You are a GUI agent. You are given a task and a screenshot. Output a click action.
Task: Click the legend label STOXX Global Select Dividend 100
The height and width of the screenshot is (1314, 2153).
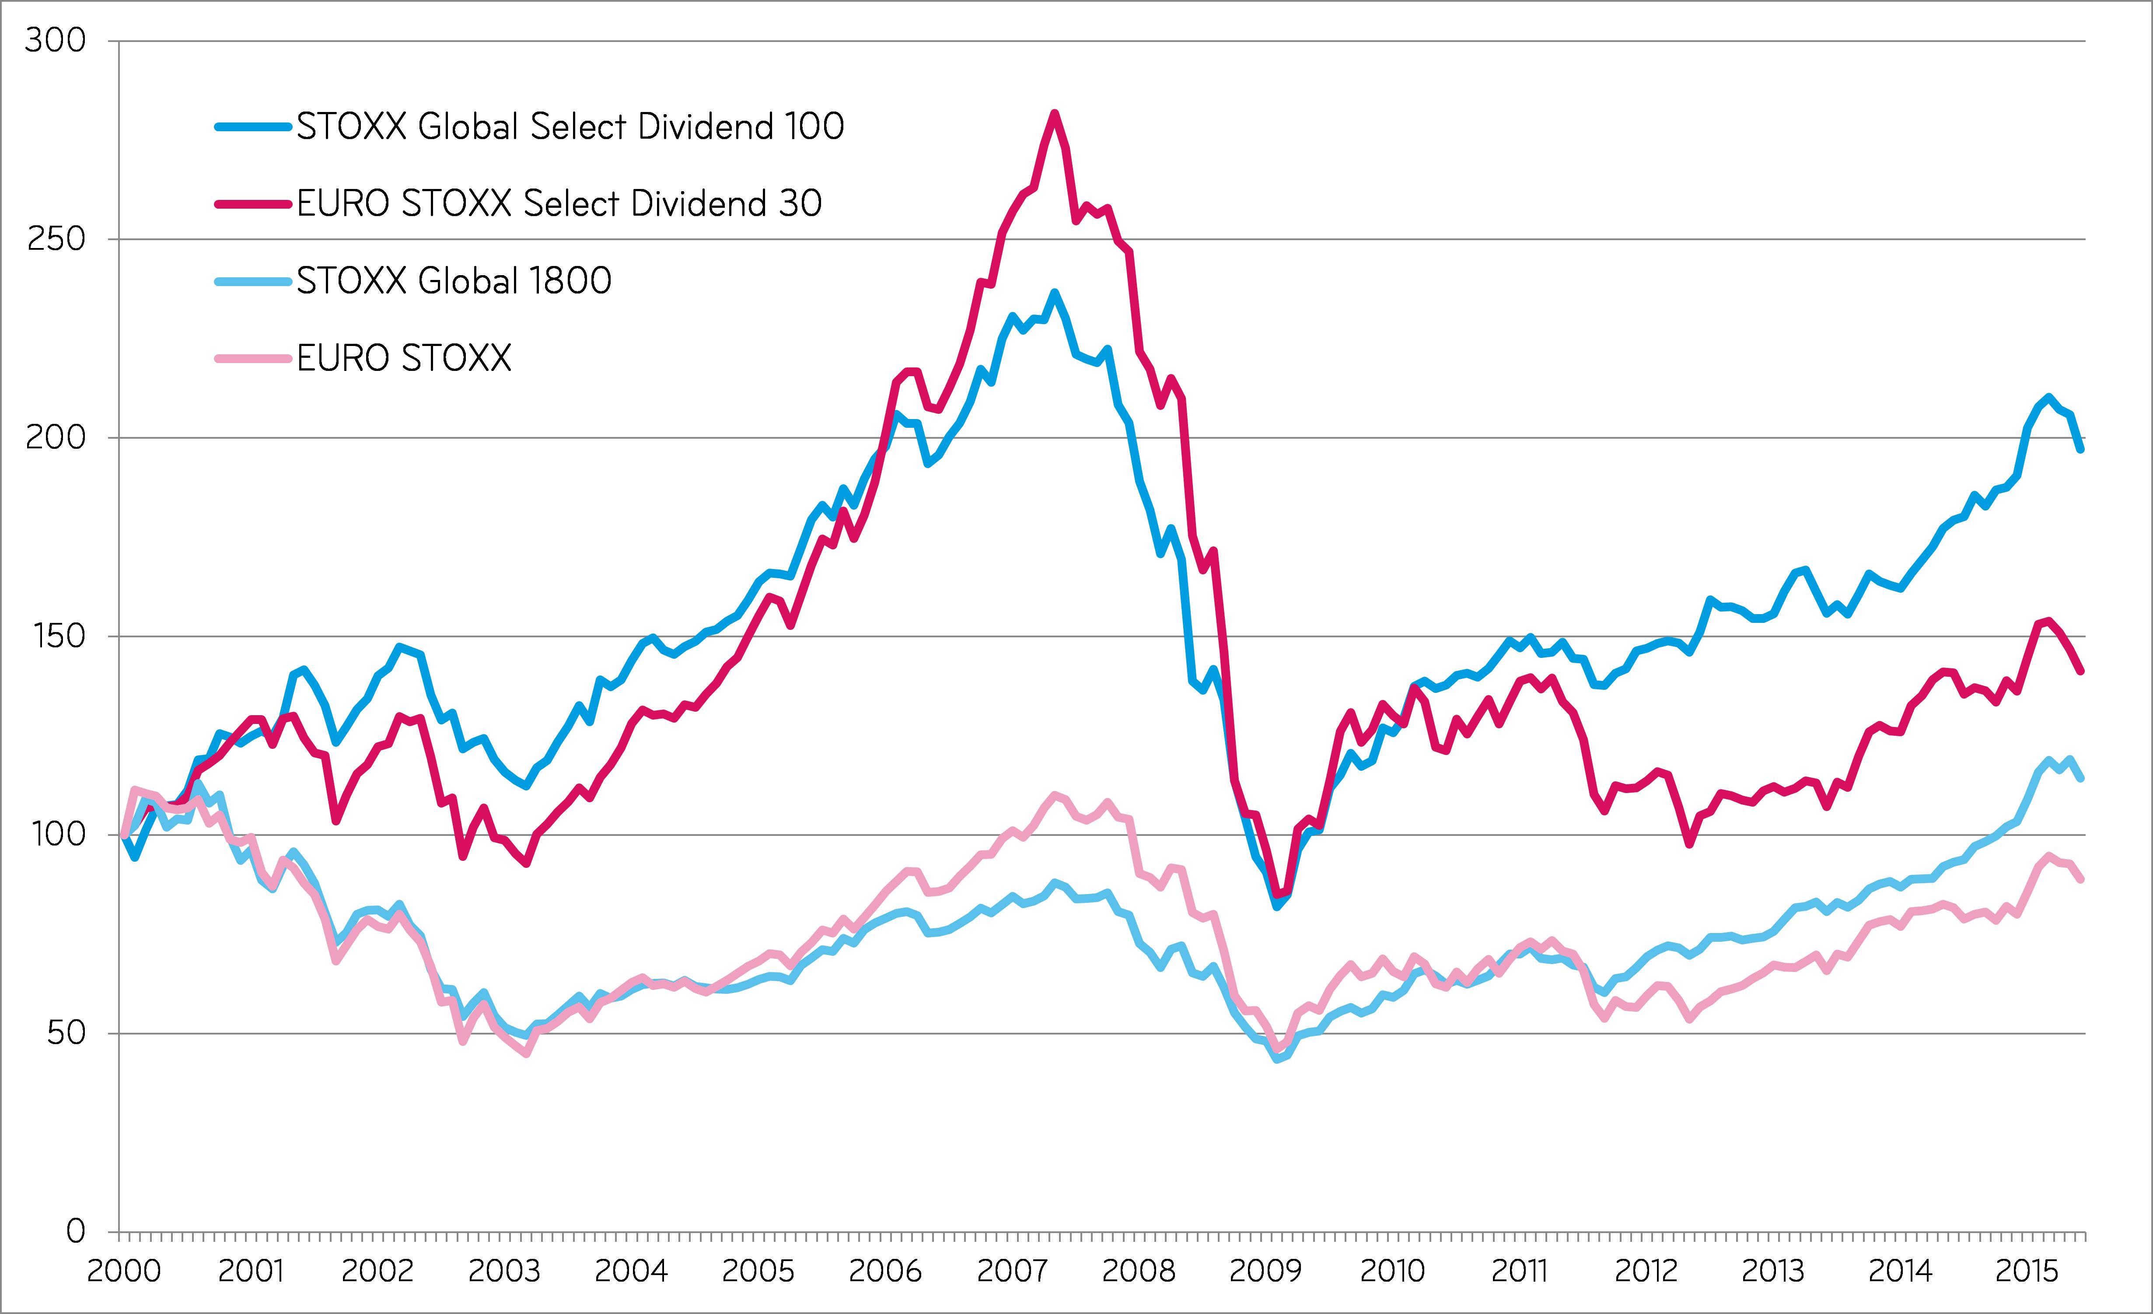(x=570, y=127)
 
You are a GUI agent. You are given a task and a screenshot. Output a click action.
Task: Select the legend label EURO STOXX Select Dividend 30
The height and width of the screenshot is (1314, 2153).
(x=559, y=203)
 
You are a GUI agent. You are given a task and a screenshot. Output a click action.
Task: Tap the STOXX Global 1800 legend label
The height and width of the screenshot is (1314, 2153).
(x=454, y=280)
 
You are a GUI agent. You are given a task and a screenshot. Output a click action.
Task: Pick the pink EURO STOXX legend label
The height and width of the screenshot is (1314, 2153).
(x=404, y=357)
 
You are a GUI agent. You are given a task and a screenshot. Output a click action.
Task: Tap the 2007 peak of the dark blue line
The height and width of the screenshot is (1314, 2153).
(x=1055, y=293)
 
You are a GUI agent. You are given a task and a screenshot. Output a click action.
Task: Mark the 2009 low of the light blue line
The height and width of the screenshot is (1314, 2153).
(x=1277, y=1059)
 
